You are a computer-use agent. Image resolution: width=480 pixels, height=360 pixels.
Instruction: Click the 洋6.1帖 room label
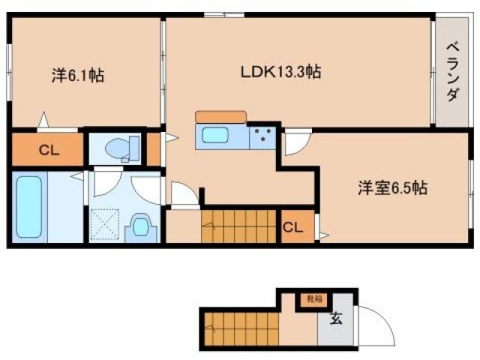pos(77,76)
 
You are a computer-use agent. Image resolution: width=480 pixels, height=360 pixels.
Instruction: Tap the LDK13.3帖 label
pos(280,72)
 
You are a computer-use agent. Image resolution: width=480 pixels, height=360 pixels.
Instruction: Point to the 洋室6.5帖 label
pos(391,189)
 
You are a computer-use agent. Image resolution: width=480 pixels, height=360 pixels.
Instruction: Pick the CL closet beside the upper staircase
pos(293,227)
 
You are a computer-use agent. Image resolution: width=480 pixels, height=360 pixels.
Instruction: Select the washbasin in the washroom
pos(141,225)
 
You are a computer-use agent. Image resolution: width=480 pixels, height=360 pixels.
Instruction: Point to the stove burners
pos(262,137)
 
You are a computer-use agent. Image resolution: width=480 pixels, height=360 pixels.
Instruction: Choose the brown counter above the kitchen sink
pos(220,116)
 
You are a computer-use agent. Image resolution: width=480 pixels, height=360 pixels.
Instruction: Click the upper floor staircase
pos(238,226)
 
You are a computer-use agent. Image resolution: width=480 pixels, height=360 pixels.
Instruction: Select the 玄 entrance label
pos(335,319)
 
